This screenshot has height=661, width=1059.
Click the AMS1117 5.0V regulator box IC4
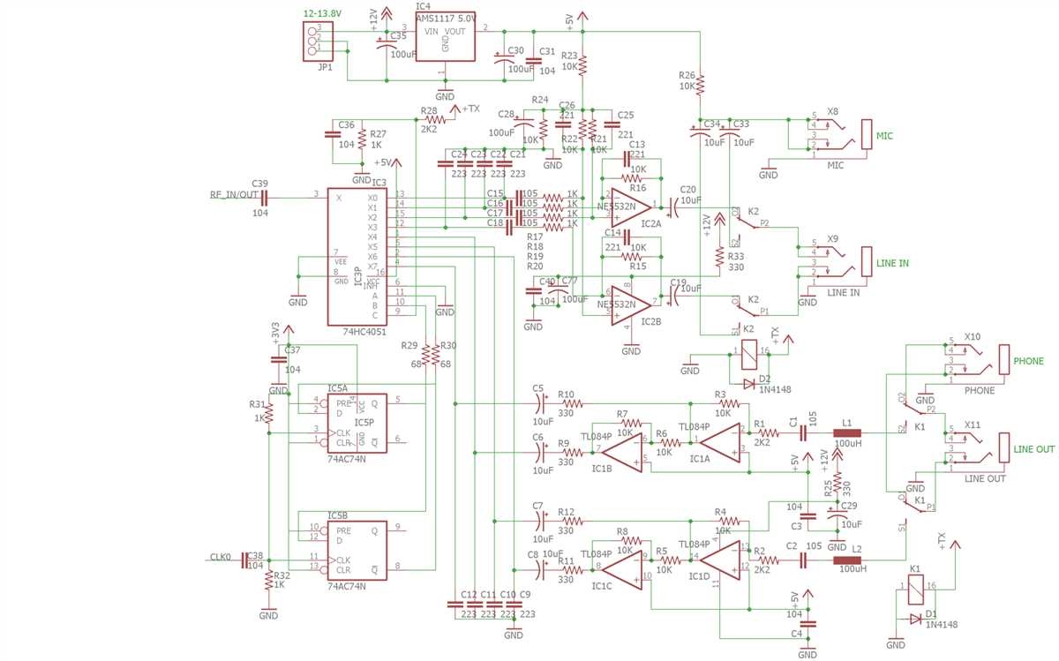coord(445,37)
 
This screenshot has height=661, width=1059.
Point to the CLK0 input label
coord(221,557)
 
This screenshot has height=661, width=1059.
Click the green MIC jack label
coord(884,137)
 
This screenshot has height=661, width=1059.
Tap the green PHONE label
coord(1028,361)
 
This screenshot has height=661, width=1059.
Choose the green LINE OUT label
coord(1033,449)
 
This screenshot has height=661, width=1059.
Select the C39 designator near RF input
coord(259,183)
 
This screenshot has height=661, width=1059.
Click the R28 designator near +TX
coord(430,111)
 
